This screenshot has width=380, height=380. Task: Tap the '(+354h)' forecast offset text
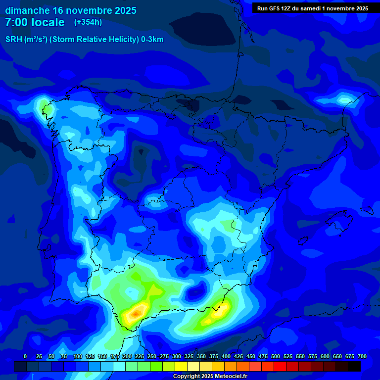(88, 22)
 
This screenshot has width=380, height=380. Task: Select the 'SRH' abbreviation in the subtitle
(13, 40)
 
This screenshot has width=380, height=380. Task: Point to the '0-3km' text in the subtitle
(152, 40)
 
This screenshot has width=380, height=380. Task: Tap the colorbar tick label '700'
(362, 356)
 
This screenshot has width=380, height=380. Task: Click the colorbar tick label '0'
(25, 356)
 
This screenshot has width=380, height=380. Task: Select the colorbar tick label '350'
(201, 356)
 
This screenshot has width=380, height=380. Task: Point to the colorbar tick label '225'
(140, 356)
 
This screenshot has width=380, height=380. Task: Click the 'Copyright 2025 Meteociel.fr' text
(210, 376)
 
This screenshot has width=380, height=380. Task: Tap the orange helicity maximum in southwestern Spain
(136, 313)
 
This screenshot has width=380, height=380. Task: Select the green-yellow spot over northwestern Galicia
(45, 105)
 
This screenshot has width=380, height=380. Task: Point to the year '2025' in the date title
(124, 10)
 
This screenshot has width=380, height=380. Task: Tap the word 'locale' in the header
(47, 22)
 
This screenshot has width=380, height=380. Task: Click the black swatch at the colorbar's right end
(354, 366)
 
